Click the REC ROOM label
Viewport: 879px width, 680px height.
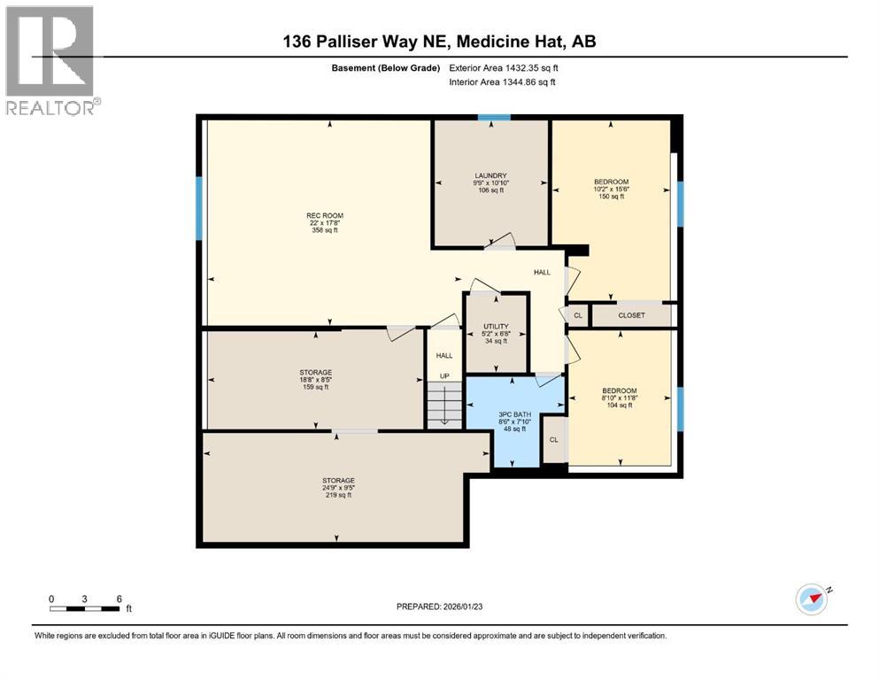[x=325, y=215]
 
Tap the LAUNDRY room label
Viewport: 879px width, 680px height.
[x=490, y=175]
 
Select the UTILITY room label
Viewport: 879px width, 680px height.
[x=495, y=326]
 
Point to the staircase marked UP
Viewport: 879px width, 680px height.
[x=444, y=403]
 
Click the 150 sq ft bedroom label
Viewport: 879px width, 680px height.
[x=611, y=182]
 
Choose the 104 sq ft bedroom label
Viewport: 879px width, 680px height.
[x=620, y=390]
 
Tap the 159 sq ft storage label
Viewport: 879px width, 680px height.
[x=314, y=372]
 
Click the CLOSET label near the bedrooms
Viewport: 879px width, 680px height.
[x=632, y=315]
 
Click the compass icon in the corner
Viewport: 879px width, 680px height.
[x=811, y=599]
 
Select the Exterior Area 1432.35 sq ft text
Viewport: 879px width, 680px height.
[x=505, y=67]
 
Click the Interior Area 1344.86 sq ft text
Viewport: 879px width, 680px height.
[x=503, y=82]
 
